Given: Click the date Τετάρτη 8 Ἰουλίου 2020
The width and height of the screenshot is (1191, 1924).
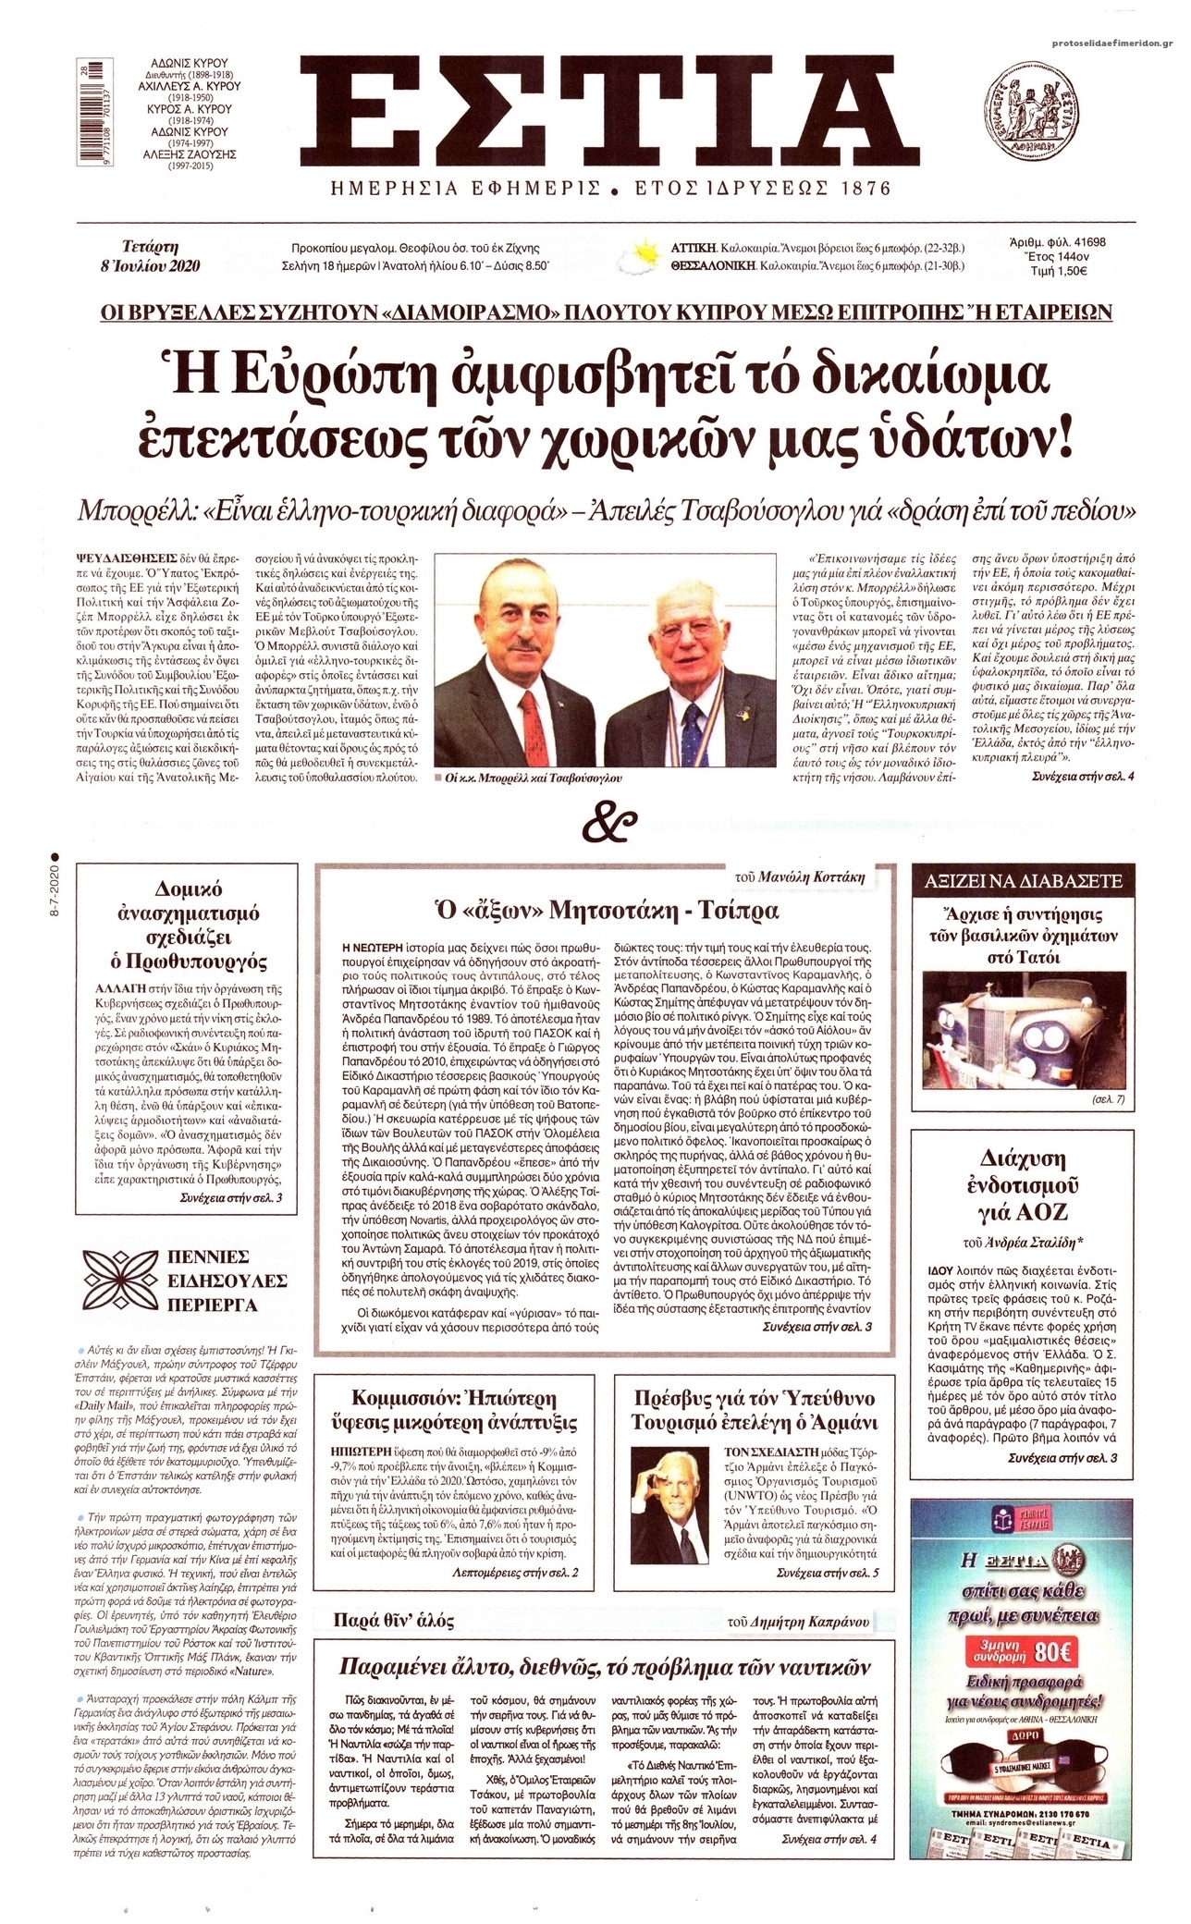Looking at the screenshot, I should (x=162, y=255).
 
